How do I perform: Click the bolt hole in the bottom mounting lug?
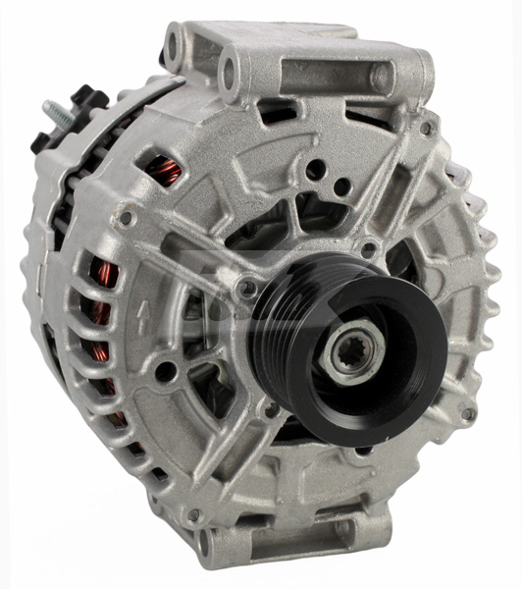point(205,540)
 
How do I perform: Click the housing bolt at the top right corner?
point(425,129)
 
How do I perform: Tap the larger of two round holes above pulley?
point(314,170)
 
